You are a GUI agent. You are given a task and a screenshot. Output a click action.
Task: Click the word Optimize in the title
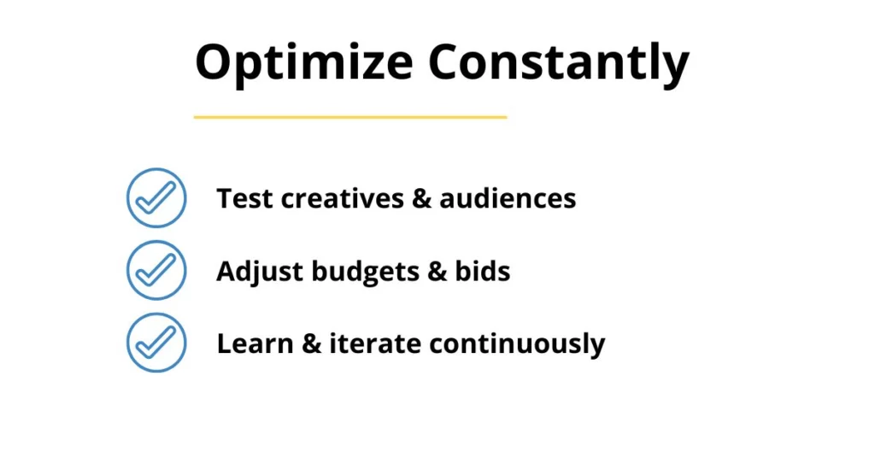(304, 63)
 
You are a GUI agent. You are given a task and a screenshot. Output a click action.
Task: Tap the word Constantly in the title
(559, 63)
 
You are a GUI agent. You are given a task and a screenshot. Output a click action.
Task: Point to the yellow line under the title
(350, 117)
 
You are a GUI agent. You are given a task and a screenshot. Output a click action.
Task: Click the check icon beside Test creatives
(156, 198)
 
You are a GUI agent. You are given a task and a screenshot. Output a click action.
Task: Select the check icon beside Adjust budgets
(156, 271)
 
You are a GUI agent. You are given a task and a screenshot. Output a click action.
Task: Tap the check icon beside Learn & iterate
(156, 343)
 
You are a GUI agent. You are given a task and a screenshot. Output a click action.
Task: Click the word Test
(244, 198)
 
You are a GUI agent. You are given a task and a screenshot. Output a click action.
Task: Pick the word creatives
(342, 198)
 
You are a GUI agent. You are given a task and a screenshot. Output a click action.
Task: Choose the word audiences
(508, 198)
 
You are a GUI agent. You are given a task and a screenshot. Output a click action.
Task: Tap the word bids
(483, 271)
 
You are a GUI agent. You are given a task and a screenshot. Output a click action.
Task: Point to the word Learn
(255, 343)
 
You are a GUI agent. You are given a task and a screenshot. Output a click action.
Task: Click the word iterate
(375, 343)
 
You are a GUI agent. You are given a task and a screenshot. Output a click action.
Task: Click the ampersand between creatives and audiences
(421, 199)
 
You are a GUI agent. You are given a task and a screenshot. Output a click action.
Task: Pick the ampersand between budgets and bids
(437, 272)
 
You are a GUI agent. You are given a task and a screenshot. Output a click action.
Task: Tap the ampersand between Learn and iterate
(311, 344)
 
